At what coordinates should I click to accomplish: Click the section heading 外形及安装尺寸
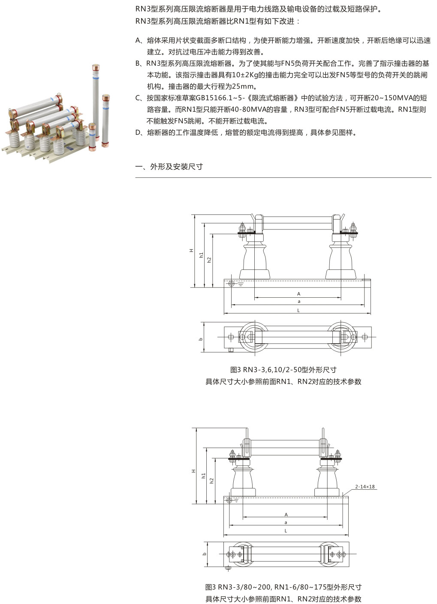pos(176,167)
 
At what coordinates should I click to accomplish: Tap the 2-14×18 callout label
pos(365,486)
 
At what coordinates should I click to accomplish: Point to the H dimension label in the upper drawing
pos(191,250)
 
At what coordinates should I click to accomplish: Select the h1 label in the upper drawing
pos(201,255)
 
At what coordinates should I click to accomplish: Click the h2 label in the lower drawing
pos(211,480)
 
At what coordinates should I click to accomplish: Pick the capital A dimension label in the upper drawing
pos(298,294)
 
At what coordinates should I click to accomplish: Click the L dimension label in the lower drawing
pos(286,531)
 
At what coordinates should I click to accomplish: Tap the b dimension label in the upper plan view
pos(201,339)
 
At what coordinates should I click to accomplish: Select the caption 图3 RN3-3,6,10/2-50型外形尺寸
pos(283,370)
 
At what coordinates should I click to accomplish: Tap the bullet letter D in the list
pos(138,132)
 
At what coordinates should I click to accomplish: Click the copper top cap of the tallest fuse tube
pos(96,67)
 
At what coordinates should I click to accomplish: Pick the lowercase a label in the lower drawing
pos(286,522)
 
